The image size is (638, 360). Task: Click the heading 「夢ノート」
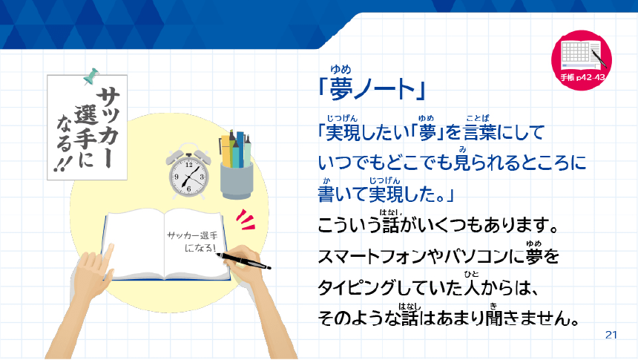369,90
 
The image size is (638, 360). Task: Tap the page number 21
611,335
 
